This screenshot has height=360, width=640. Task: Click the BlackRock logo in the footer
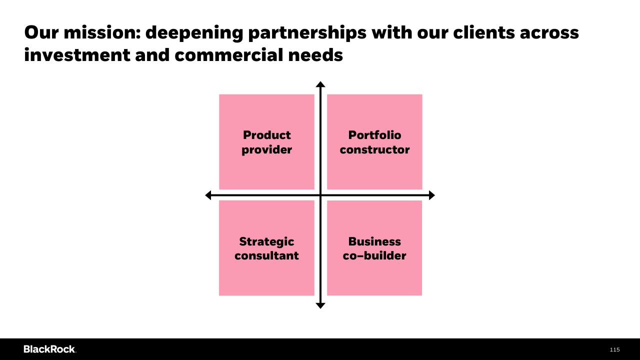(49, 349)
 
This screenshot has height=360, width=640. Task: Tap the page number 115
(614, 349)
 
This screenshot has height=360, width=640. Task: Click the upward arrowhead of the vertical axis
(320, 84)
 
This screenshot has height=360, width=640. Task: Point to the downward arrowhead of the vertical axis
(320, 305)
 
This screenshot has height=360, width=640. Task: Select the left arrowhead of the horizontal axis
(208, 195)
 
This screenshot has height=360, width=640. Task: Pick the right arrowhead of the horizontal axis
(432, 195)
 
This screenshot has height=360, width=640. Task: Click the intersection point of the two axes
(320, 195)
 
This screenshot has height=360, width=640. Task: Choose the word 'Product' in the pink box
(266, 135)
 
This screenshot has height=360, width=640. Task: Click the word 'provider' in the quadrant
(266, 149)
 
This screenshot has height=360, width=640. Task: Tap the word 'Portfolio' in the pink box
(374, 135)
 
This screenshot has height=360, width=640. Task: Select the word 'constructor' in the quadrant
(374, 149)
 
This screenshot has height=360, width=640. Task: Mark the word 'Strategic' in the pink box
(266, 241)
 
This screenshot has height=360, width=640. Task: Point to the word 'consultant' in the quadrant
(266, 255)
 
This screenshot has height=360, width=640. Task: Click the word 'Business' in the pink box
(374, 241)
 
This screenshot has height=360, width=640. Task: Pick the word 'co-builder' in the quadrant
(374, 255)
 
